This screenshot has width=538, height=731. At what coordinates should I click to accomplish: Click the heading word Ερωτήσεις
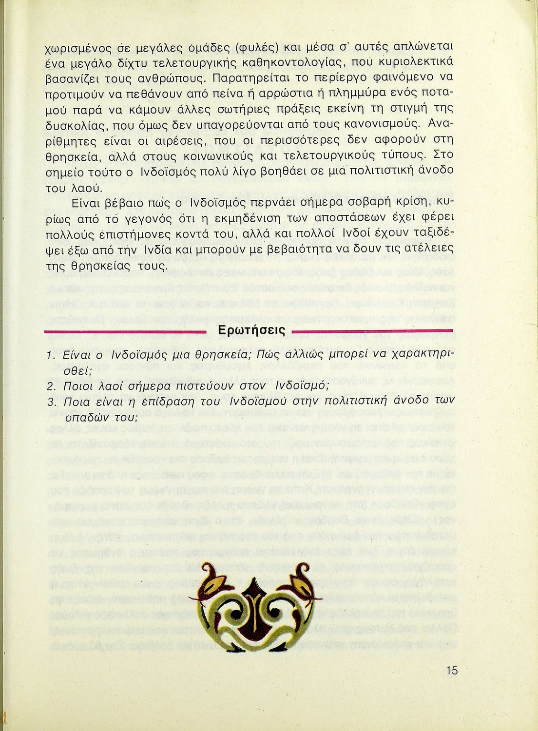[x=251, y=331]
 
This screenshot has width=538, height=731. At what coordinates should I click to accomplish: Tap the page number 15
[x=451, y=670]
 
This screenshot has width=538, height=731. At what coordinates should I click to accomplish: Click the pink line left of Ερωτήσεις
[x=128, y=332]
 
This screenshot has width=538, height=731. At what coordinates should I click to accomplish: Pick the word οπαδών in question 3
[x=85, y=418]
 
